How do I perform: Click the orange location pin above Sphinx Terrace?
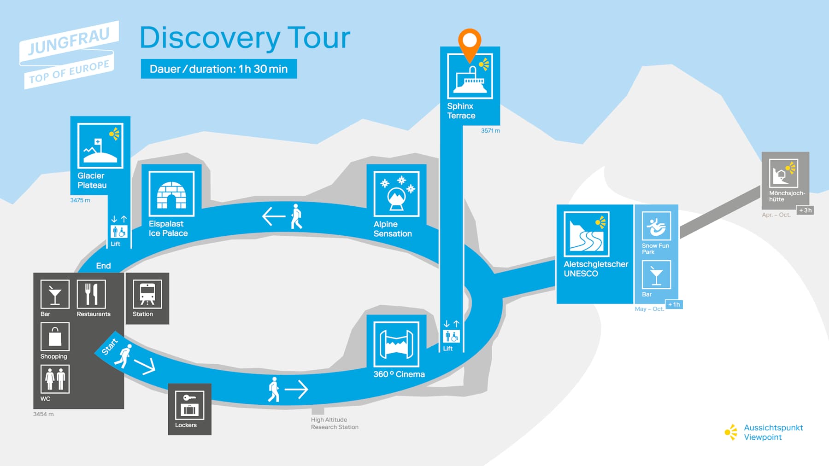(x=470, y=42)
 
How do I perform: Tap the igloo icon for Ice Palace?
(x=171, y=194)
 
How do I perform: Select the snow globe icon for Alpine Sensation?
(x=396, y=194)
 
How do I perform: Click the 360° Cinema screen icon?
(x=396, y=344)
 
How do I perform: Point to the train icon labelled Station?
(x=147, y=294)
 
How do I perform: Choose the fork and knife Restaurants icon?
(x=91, y=294)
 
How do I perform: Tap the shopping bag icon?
(x=55, y=337)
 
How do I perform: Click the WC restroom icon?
(x=55, y=379)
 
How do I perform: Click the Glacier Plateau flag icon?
(x=100, y=146)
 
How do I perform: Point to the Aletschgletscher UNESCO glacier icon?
(x=586, y=234)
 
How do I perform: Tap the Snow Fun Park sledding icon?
(x=656, y=226)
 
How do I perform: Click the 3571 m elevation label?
(x=490, y=131)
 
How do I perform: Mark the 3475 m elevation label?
(x=80, y=200)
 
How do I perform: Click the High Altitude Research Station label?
(x=335, y=424)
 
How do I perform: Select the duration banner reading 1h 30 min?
(x=218, y=69)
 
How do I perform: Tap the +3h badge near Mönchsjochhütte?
(x=805, y=210)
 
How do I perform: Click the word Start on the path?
(x=110, y=347)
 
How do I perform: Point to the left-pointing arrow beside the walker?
(x=274, y=216)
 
